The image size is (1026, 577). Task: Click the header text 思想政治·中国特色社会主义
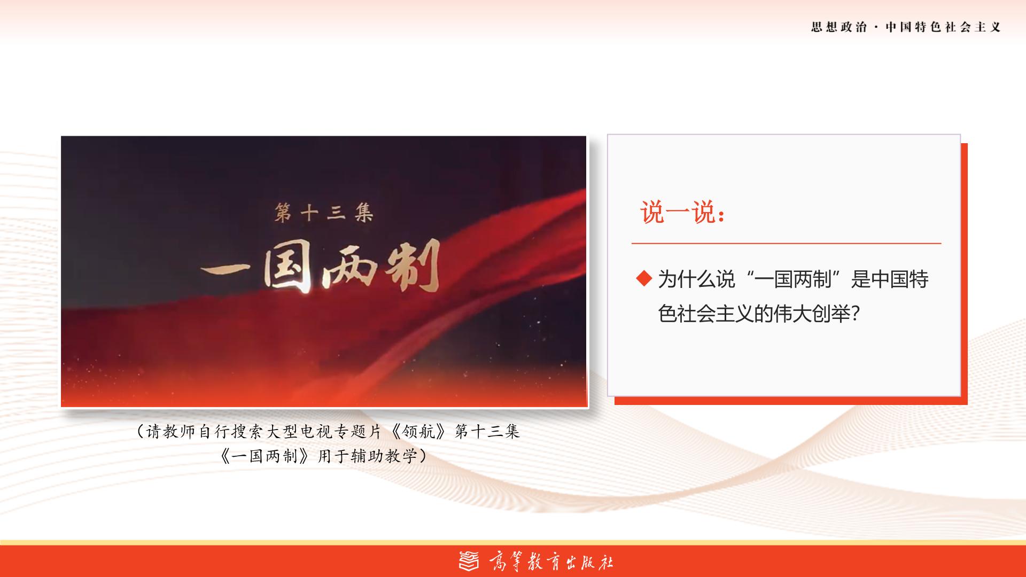click(906, 27)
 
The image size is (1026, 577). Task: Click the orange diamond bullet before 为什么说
click(644, 278)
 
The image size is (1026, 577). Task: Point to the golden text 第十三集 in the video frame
click(323, 213)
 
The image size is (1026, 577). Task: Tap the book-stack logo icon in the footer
click(469, 561)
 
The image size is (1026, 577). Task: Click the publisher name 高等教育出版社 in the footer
click(551, 562)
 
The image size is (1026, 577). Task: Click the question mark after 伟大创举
click(854, 314)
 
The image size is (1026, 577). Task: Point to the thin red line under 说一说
click(786, 243)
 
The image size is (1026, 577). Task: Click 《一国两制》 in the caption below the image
click(266, 456)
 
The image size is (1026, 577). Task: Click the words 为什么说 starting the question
click(696, 279)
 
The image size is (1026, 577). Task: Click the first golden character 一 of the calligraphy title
click(231, 271)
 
